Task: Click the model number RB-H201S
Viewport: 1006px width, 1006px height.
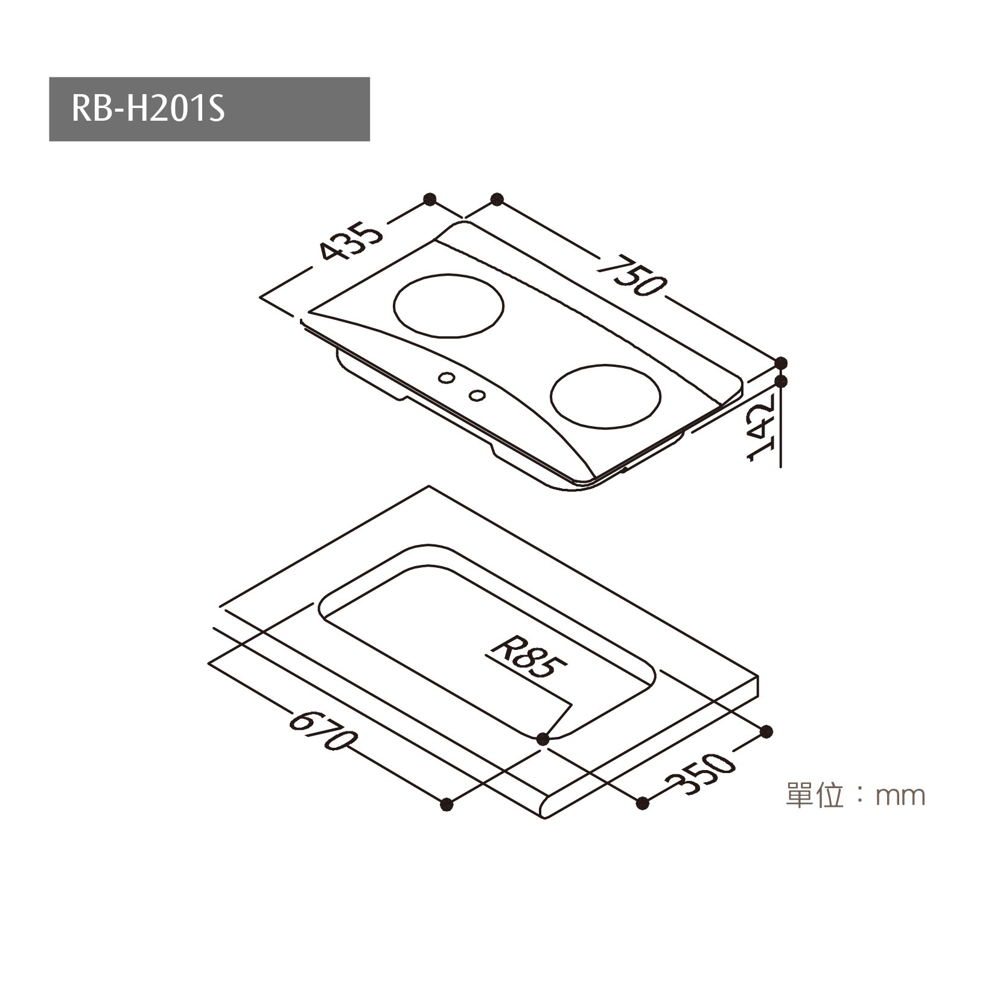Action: click(x=148, y=109)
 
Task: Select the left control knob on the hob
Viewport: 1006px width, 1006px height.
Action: click(x=447, y=377)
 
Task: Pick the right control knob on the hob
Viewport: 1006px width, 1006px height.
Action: click(x=477, y=395)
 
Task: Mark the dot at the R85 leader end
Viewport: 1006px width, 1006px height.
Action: click(x=543, y=737)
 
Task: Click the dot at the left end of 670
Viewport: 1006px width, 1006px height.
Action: click(x=447, y=804)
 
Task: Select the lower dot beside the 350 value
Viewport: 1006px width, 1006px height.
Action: click(x=643, y=803)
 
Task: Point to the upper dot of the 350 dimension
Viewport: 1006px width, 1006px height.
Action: click(x=766, y=731)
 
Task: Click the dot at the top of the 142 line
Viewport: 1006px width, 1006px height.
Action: click(x=782, y=381)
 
